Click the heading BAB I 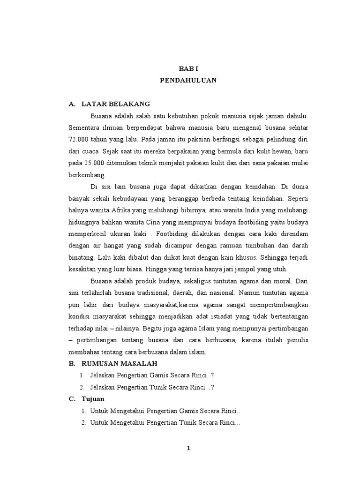(x=188, y=68)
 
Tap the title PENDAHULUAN (x=188, y=80)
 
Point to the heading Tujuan (x=94, y=398)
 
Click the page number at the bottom (x=188, y=448)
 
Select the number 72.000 (x=79, y=139)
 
